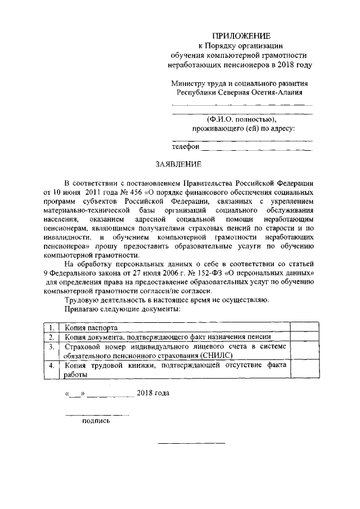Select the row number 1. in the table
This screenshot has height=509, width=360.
click(52, 327)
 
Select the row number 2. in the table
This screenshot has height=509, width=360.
click(52, 337)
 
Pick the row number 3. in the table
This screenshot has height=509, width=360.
click(52, 347)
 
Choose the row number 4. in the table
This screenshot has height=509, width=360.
click(52, 366)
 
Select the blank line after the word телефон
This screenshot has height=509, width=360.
click(256, 149)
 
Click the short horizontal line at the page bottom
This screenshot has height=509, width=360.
click(191, 444)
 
